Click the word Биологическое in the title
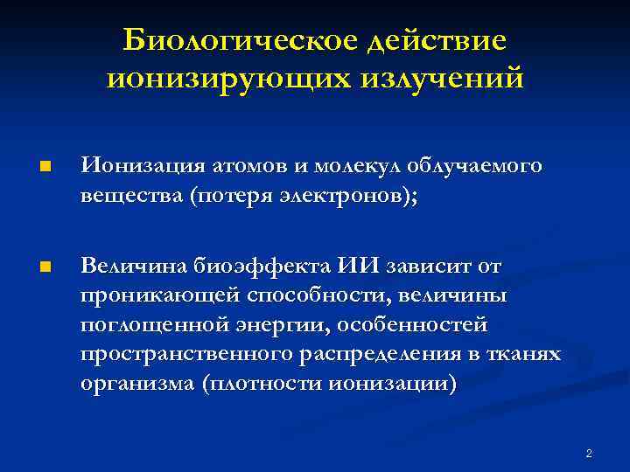point(236,40)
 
